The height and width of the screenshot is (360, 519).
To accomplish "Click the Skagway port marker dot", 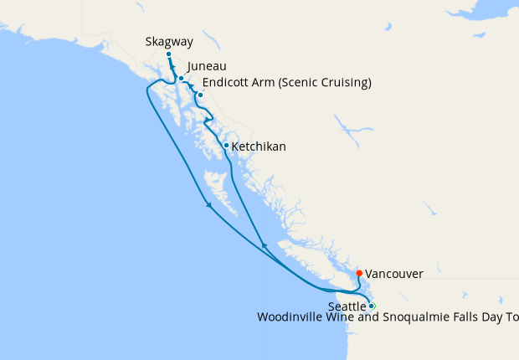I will click(x=168, y=54).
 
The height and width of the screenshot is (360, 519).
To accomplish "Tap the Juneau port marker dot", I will click(x=181, y=79).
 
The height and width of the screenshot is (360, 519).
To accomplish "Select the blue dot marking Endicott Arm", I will click(x=200, y=95).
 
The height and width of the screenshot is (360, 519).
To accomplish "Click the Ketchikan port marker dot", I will click(x=226, y=146).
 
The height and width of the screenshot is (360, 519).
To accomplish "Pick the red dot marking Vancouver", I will click(x=359, y=273).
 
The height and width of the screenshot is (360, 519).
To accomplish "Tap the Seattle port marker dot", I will click(x=373, y=306).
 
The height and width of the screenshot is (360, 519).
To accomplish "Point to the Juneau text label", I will click(x=207, y=66).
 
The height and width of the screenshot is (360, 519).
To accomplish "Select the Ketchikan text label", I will click(x=259, y=147).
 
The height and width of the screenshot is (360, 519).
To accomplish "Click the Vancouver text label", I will click(x=394, y=274).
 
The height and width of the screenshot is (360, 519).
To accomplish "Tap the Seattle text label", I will click(x=347, y=306).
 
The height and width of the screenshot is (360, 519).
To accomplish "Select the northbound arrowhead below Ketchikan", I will click(x=265, y=245).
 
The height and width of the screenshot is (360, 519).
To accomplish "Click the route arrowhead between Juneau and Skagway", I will click(x=173, y=71).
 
